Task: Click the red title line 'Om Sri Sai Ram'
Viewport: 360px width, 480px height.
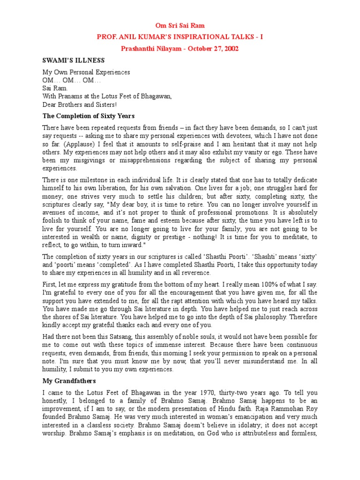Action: point(180,25)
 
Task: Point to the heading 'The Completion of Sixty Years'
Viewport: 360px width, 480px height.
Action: point(89,116)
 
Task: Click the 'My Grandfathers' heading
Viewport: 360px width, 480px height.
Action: point(69,382)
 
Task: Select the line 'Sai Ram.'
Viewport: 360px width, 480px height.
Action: point(55,88)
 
